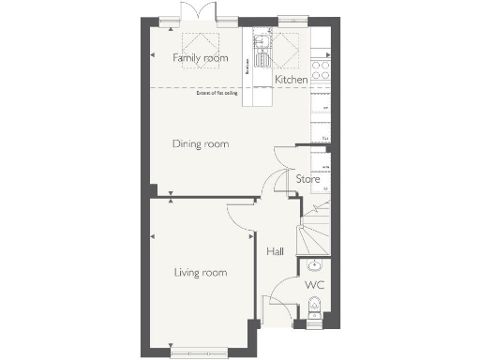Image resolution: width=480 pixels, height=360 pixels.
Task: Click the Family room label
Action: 201,58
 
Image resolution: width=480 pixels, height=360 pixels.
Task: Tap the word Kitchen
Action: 292,81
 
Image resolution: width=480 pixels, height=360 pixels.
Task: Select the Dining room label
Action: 201,143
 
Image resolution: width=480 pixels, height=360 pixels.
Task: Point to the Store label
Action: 307,178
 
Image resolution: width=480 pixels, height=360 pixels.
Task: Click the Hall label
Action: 275,251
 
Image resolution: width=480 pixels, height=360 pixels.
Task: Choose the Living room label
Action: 201,273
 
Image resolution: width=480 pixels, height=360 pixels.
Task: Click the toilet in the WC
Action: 315,307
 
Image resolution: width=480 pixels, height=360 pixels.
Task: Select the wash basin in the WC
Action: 315,263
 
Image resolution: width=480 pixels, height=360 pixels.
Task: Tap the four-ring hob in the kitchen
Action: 321,67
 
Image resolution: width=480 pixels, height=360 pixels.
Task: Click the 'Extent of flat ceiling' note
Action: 216,93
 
